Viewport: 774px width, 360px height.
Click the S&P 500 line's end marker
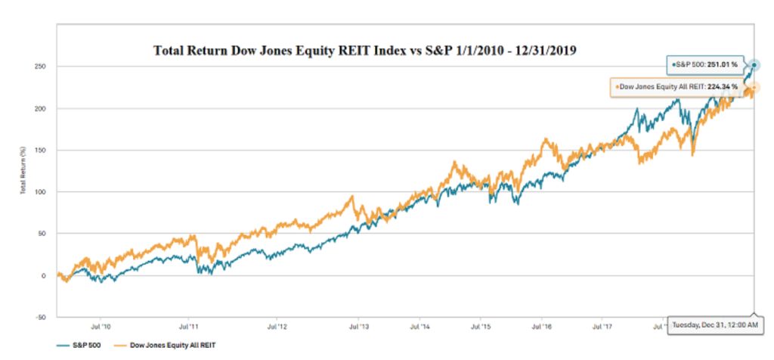pos(754,65)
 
